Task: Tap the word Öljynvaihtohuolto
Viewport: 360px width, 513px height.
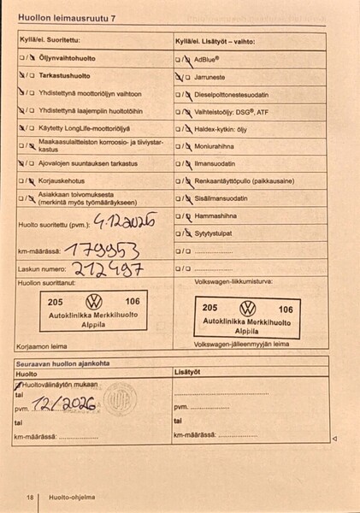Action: point(66,57)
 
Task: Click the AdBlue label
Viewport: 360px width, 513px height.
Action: point(207,60)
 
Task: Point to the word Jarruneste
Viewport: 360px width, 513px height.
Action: point(214,76)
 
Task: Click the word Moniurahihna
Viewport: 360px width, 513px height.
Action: point(217,147)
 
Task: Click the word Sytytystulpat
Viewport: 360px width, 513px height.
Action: point(218,233)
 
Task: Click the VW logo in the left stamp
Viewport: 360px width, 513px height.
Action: point(93,302)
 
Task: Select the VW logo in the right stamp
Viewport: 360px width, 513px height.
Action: point(247,308)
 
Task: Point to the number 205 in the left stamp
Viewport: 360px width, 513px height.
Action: point(56,302)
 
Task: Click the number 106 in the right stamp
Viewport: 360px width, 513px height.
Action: point(286,309)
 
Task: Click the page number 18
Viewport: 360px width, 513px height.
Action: point(29,497)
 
